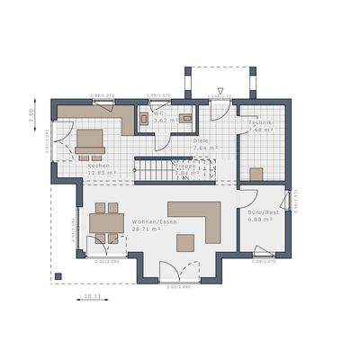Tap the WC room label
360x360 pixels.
pyautogui.click(x=158, y=114)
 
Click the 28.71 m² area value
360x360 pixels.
pyautogui.click(x=147, y=229)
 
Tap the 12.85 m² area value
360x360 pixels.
pyautogui.click(x=101, y=173)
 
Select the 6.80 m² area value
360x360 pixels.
pyautogui.click(x=261, y=220)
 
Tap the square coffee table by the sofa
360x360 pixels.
pyautogui.click(x=185, y=242)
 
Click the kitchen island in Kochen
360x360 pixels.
pyautogui.click(x=89, y=139)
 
